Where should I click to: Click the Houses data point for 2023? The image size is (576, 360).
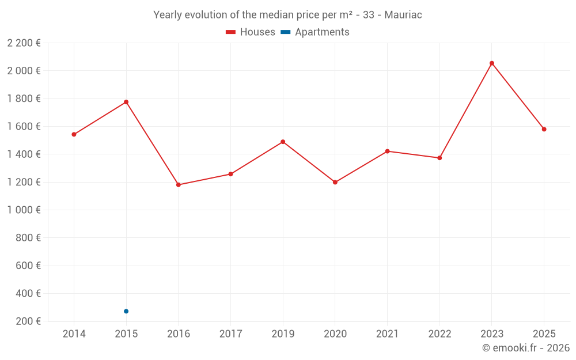tap(492, 63)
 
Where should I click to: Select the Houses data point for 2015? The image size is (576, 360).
tap(126, 102)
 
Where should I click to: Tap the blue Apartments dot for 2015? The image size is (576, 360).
tap(126, 311)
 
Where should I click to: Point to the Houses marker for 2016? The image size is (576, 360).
tap(179, 185)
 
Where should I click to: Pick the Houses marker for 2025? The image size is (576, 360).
tap(544, 129)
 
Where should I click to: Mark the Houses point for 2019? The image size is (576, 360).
tap(283, 142)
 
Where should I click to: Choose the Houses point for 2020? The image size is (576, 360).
tap(335, 182)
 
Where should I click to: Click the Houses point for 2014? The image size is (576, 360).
tap(74, 134)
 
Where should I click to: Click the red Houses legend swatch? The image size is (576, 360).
tap(230, 32)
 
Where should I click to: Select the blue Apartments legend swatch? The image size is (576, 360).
tap(286, 32)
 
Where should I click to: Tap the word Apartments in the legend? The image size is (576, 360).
tap(322, 32)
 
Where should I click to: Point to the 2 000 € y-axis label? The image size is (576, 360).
tap(24, 71)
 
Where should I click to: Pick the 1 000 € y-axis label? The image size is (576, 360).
tap(24, 210)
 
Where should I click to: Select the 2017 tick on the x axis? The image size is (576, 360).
tap(230, 334)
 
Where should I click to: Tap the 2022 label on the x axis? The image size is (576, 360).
tap(439, 334)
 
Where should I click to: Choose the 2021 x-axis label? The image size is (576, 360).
tap(387, 334)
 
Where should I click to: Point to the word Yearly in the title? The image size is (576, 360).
tap(168, 15)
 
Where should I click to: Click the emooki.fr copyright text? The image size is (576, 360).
tap(525, 348)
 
